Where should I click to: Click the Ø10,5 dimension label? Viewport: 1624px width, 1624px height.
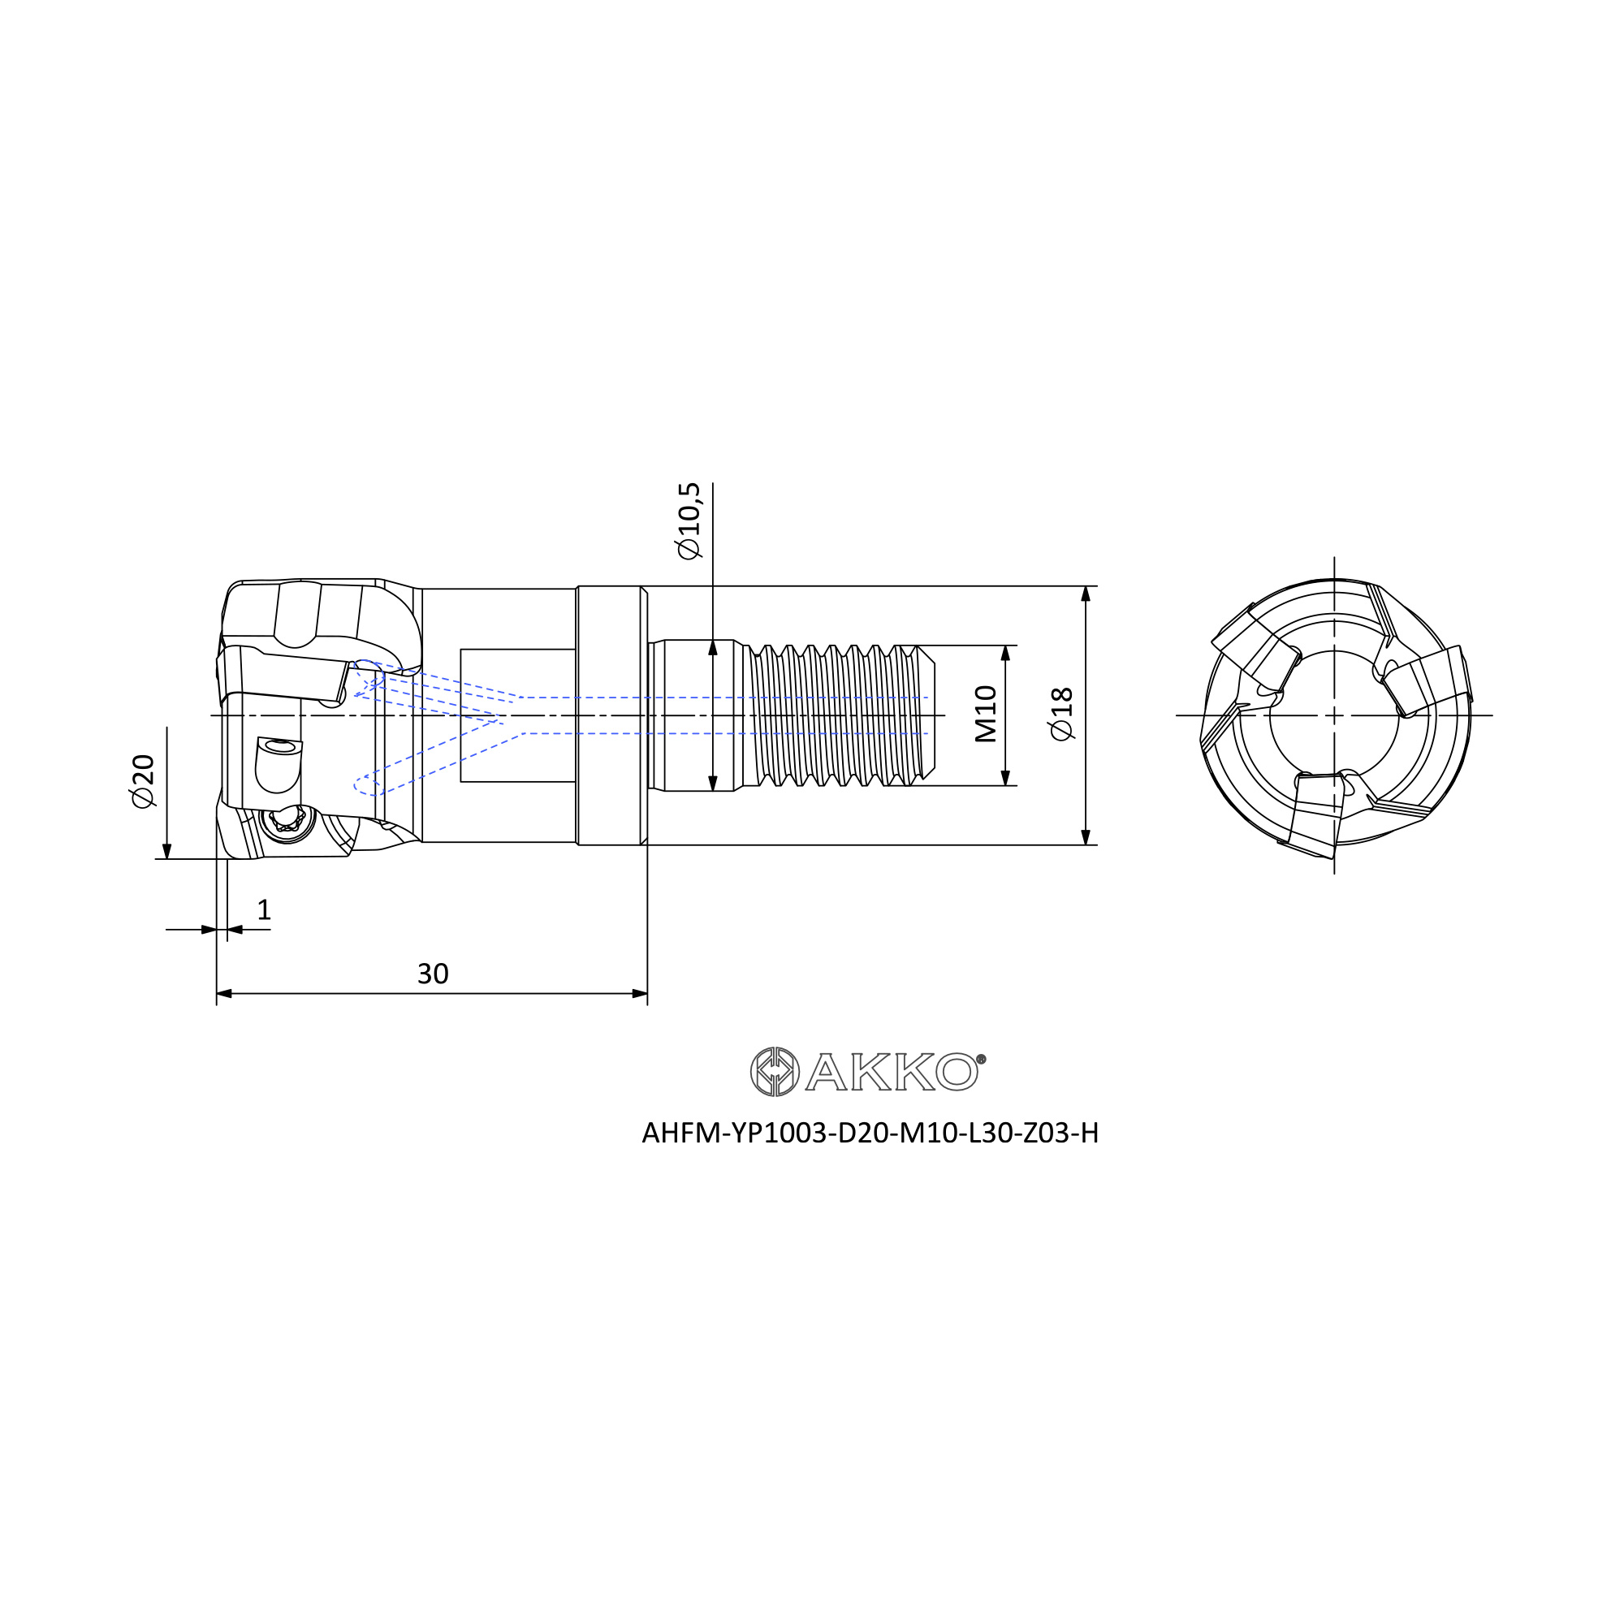point(688,521)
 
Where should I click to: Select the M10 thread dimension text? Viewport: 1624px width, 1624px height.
point(985,714)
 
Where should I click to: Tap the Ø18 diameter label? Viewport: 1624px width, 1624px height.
point(1061,714)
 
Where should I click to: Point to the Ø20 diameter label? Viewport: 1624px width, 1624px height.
point(143,781)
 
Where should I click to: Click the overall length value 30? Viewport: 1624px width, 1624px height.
point(433,974)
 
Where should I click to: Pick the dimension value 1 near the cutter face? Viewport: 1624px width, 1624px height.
point(264,909)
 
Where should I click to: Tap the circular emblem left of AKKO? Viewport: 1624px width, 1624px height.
point(774,1072)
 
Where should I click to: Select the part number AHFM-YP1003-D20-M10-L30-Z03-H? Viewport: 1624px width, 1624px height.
point(870,1134)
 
